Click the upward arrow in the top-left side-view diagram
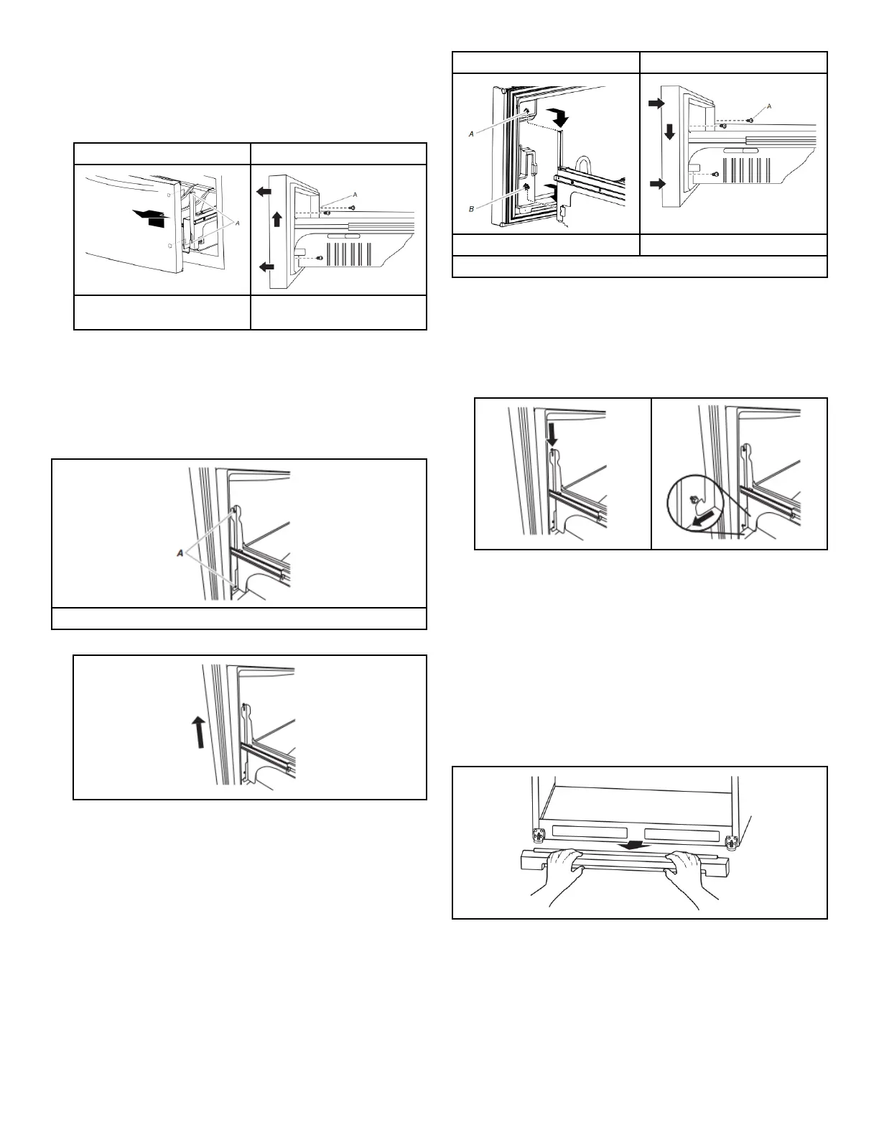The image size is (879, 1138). click(x=276, y=219)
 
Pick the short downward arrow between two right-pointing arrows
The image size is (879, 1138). click(x=669, y=131)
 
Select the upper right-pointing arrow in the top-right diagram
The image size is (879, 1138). click(x=656, y=103)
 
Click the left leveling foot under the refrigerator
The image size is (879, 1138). click(x=536, y=836)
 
